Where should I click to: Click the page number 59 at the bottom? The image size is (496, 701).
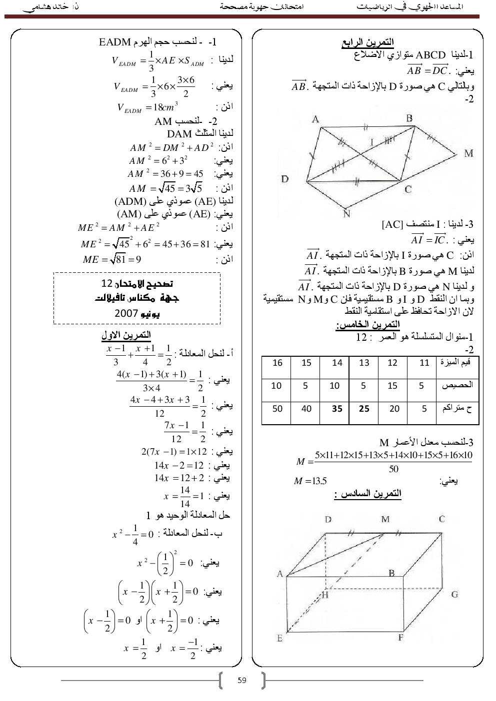(x=242, y=680)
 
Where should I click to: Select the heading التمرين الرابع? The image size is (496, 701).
(x=367, y=42)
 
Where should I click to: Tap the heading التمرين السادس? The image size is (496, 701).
(x=368, y=494)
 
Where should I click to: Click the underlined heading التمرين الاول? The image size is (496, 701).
(x=126, y=335)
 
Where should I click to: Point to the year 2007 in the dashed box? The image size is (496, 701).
(x=126, y=313)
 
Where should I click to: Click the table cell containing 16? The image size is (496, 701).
(x=277, y=363)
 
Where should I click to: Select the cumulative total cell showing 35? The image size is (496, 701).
(x=337, y=409)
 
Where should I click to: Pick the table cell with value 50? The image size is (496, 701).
(x=277, y=409)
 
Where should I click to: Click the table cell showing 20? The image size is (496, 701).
(x=394, y=409)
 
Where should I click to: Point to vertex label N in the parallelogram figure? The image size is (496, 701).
(x=346, y=214)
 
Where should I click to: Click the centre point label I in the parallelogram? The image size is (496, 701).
(x=371, y=142)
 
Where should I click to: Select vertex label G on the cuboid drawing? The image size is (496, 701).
(x=454, y=594)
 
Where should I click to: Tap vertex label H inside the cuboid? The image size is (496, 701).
(x=325, y=595)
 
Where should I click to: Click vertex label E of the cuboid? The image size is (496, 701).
(x=279, y=638)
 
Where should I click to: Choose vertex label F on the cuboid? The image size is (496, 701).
(x=400, y=638)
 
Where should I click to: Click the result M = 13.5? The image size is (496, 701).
(x=310, y=481)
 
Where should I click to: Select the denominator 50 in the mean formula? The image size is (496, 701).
(x=393, y=469)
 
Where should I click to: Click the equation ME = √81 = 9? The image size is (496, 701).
(x=112, y=259)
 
